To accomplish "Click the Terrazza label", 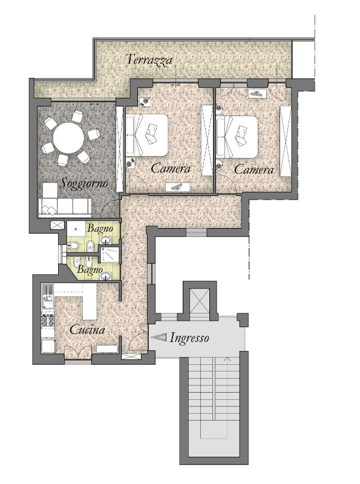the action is (149, 59).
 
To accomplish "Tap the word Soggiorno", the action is (84, 183).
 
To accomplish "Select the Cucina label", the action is (87, 330).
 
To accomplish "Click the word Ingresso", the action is (189, 338).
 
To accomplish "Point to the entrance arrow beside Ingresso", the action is (159, 338).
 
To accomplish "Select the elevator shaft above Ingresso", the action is (199, 301).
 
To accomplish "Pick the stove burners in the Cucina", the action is (48, 321).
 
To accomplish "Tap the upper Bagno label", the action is (100, 229).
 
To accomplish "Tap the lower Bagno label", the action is (90, 269).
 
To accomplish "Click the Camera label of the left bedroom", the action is (171, 169).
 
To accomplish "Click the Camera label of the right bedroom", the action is (254, 169).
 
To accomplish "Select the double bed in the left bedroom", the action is (146, 134).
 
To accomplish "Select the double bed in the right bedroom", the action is (237, 137).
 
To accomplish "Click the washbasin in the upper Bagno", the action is (108, 240).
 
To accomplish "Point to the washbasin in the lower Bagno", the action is (106, 276).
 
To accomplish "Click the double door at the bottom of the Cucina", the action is (78, 353).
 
